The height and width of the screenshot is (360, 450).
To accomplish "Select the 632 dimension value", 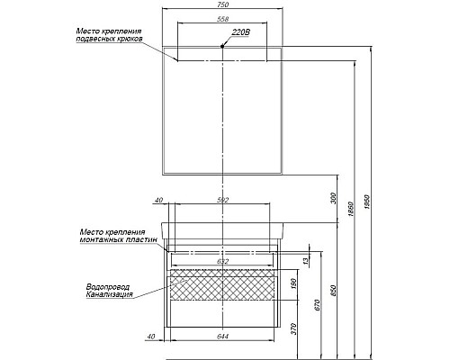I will [222, 262].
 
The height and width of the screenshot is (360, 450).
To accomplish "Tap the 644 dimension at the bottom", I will [222, 337].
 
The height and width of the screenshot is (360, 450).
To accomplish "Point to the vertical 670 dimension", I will [318, 304].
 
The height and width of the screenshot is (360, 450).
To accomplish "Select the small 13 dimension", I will [306, 260].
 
